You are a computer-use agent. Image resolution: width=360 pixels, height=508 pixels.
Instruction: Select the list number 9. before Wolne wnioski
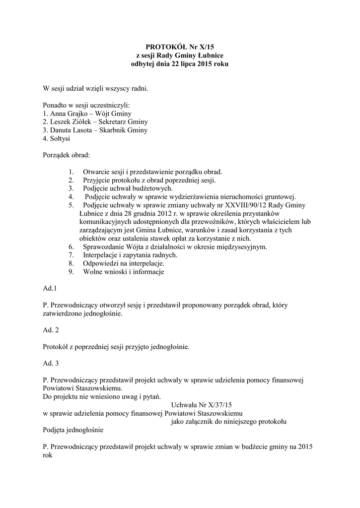tap(72, 272)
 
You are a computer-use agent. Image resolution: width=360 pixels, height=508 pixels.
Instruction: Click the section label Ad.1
tap(50, 288)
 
